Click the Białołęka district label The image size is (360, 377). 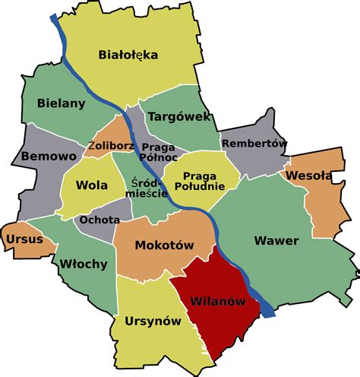click(x=128, y=54)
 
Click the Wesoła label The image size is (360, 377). click(x=308, y=176)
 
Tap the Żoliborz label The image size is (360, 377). click(x=111, y=144)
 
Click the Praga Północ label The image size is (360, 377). click(x=159, y=152)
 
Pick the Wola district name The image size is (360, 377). click(x=90, y=186)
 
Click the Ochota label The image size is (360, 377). click(x=99, y=220)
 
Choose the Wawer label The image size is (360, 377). click(x=276, y=241)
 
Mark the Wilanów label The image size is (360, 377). click(x=219, y=301)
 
